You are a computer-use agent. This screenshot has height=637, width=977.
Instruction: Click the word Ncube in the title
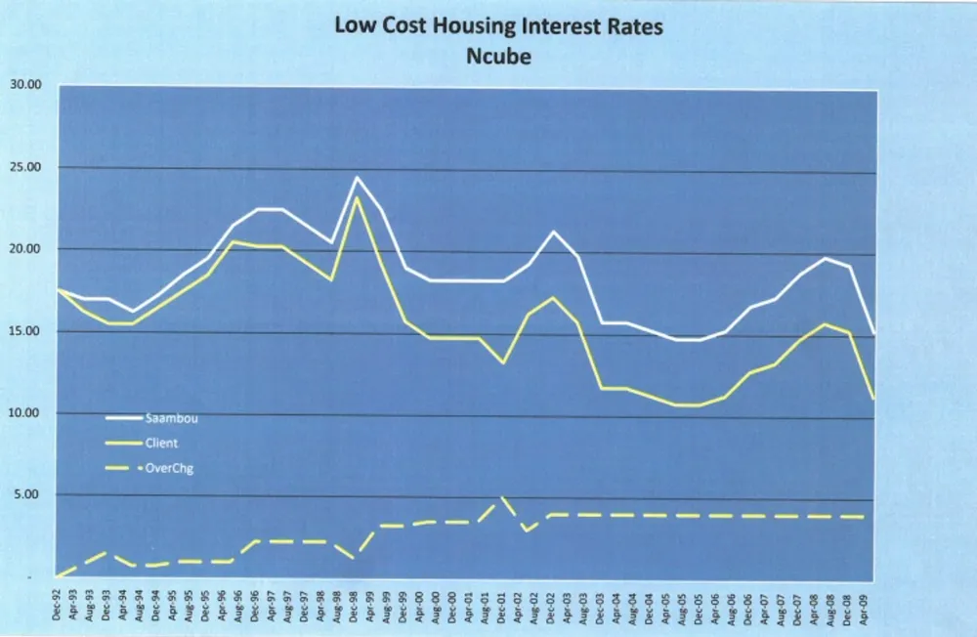click(498, 57)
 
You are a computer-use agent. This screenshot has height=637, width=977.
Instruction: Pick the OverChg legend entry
click(167, 467)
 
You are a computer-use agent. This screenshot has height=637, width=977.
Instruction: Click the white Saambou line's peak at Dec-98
click(356, 178)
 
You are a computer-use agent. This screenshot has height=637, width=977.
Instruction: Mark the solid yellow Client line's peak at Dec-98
click(357, 198)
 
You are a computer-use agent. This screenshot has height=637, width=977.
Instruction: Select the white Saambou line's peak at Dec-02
click(553, 232)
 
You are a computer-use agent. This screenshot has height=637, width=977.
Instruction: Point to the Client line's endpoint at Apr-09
click(871, 399)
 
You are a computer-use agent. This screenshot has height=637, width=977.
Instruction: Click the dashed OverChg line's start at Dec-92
click(59, 576)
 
